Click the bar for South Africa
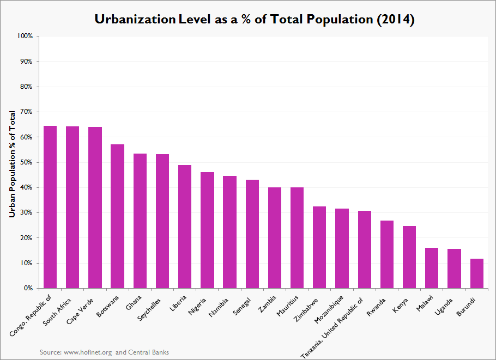[x=72, y=207]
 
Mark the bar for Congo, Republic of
[x=50, y=207]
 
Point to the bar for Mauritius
[x=297, y=237]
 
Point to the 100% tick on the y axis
[x=25, y=36]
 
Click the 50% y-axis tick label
[x=27, y=162]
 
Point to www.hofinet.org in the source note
[x=88, y=352]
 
